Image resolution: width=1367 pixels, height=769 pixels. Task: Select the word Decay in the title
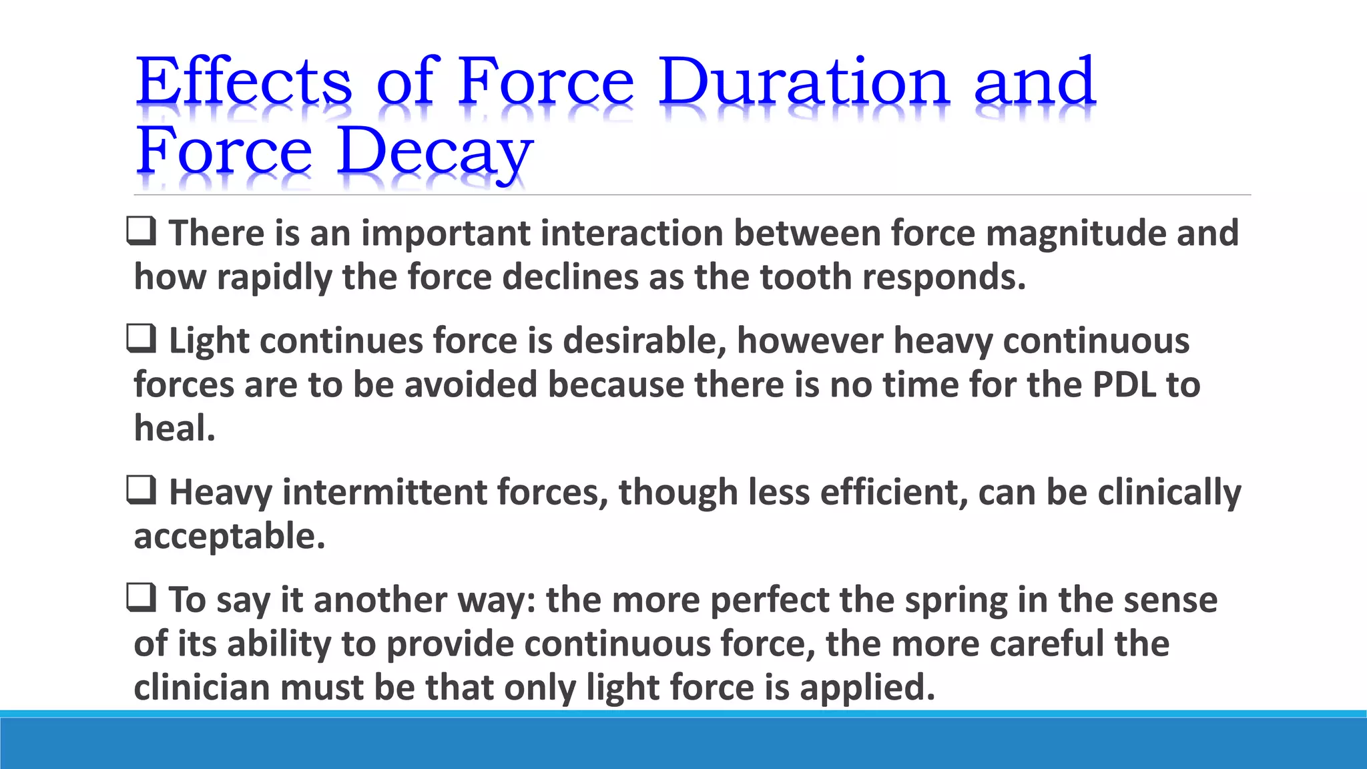click(x=435, y=152)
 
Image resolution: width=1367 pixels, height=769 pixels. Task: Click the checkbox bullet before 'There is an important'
click(x=142, y=232)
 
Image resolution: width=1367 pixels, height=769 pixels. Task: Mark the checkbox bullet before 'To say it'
click(x=142, y=598)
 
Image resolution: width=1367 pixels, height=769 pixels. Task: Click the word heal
click(x=174, y=429)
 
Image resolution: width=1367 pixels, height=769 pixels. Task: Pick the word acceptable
click(x=229, y=537)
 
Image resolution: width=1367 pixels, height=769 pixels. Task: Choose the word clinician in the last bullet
click(x=202, y=688)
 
